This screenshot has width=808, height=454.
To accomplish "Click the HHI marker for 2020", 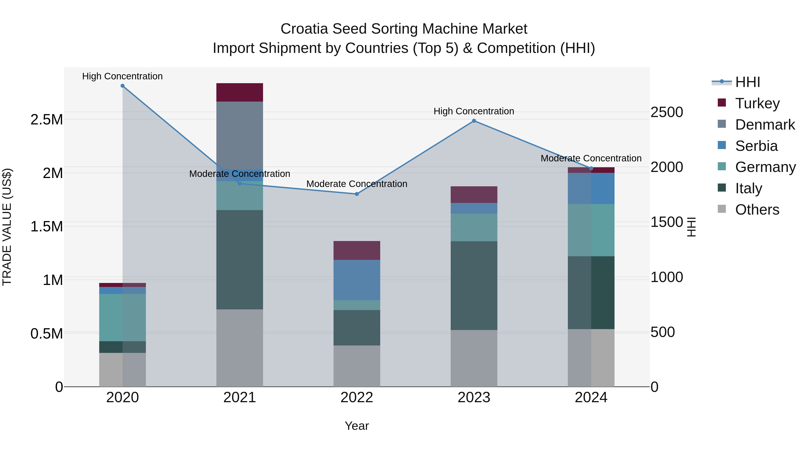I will [123, 86].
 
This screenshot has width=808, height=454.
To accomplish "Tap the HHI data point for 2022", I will [357, 194].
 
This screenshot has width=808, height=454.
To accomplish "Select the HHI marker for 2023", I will [474, 121].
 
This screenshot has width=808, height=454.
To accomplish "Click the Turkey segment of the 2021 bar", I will [240, 92].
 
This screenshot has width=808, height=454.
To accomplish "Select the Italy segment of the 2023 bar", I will [474, 285].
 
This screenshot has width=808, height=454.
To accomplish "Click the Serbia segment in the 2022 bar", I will [357, 280].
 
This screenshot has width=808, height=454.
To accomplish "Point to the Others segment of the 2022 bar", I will [357, 366].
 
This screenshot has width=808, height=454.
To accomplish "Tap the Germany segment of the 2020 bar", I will [123, 317].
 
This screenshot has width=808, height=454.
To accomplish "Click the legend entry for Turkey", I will [757, 103].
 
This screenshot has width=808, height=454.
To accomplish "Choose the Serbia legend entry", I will [756, 146].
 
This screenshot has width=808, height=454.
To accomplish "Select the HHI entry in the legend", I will [747, 82].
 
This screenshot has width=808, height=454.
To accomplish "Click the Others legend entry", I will [757, 210].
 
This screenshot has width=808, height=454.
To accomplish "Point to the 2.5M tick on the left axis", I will [47, 120].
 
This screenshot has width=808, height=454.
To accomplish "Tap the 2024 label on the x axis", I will [591, 398].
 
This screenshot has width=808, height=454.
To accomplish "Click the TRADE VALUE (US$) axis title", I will [7, 227].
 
